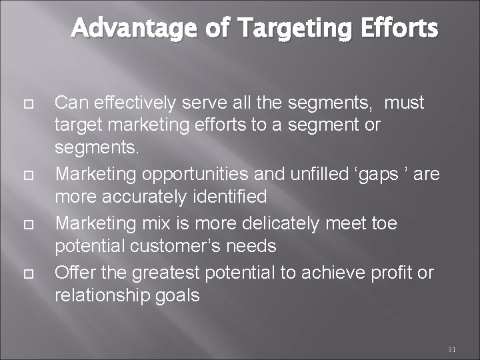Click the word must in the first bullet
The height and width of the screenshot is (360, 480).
point(405,103)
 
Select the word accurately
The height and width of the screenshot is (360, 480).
point(148,197)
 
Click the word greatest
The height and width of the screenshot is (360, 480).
point(167,273)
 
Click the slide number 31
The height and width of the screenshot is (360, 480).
point(451,349)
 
